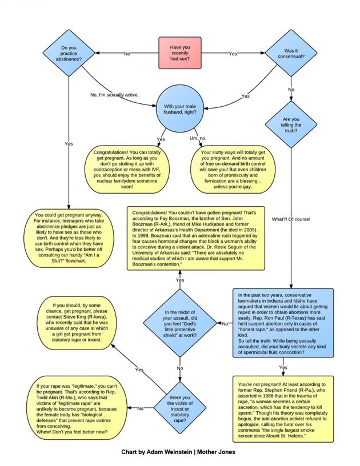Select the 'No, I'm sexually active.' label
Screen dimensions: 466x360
[115, 95]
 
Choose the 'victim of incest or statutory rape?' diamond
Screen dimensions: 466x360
[180, 408]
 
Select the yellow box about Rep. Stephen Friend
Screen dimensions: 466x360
[283, 408]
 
